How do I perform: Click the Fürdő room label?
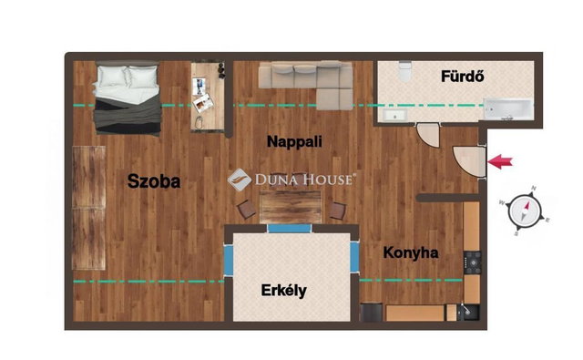coord(463,77)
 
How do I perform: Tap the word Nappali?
coord(294,141)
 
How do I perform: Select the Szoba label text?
coord(154,181)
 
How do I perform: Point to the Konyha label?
coord(411,252)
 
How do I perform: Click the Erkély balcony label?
coord(284,291)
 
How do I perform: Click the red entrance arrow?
coord(500,161)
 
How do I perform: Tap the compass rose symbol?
coord(526,211)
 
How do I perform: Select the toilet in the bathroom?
coord(404,71)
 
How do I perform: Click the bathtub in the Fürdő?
coord(508,108)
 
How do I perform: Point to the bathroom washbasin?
coord(395,115)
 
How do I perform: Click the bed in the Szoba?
coord(128,98)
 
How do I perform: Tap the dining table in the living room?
coord(291,207)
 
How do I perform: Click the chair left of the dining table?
coord(247,210)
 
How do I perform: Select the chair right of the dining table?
coord(337,211)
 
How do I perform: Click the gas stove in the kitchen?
coord(472,262)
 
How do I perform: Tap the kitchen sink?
coord(468,312)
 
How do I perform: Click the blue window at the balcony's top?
coord(290,229)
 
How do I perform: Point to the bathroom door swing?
coord(428,136)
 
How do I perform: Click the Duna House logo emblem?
coord(239,180)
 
